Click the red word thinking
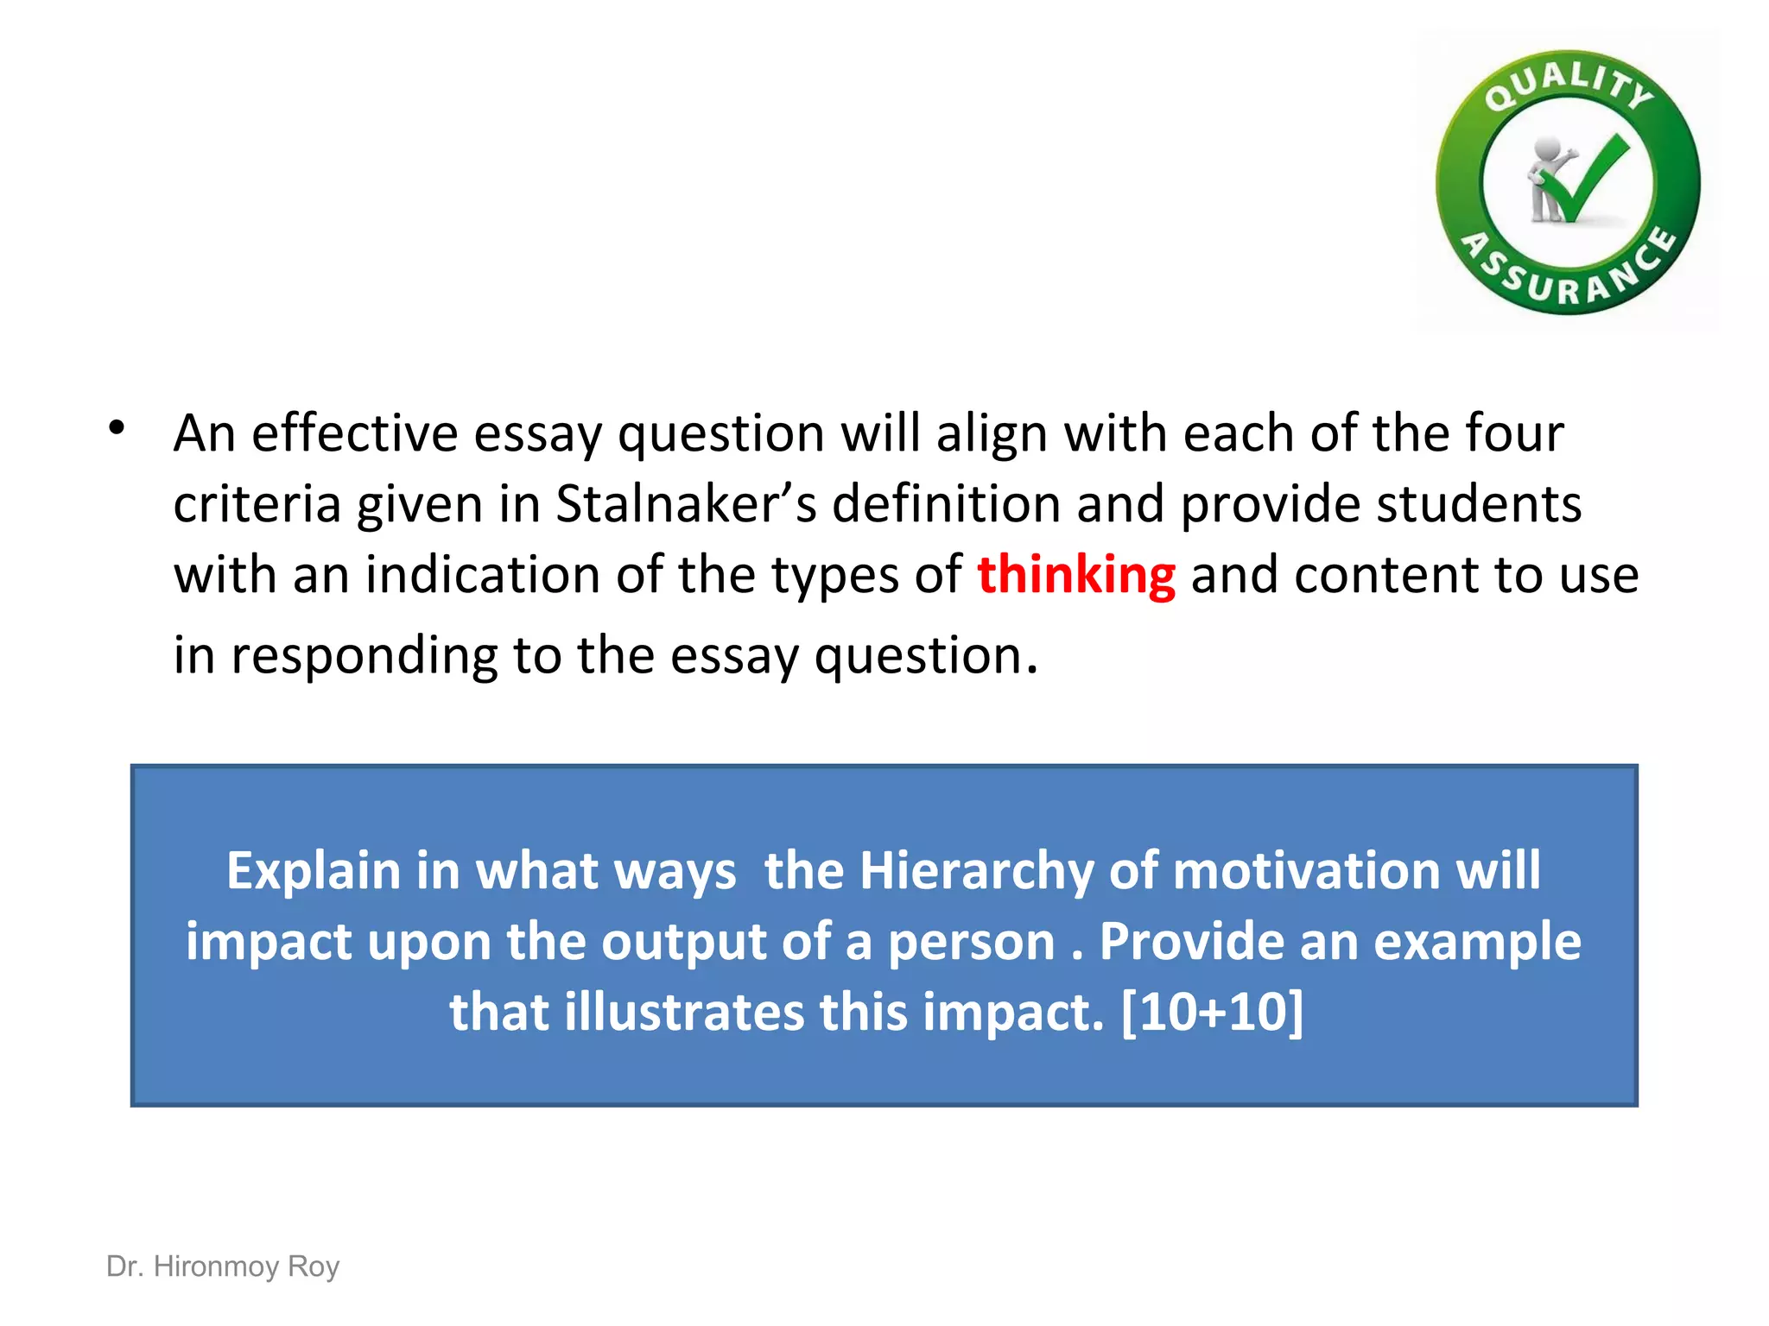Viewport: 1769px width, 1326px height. [x=1075, y=576]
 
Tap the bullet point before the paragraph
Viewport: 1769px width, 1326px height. [x=117, y=427]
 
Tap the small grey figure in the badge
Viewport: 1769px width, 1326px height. [x=1546, y=177]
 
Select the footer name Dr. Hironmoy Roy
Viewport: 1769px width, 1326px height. [x=223, y=1266]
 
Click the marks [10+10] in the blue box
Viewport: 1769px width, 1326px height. [x=1212, y=1012]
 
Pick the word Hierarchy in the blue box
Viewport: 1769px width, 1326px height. [x=976, y=871]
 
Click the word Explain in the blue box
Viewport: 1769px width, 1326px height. [x=314, y=871]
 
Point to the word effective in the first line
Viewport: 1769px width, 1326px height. [x=355, y=433]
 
